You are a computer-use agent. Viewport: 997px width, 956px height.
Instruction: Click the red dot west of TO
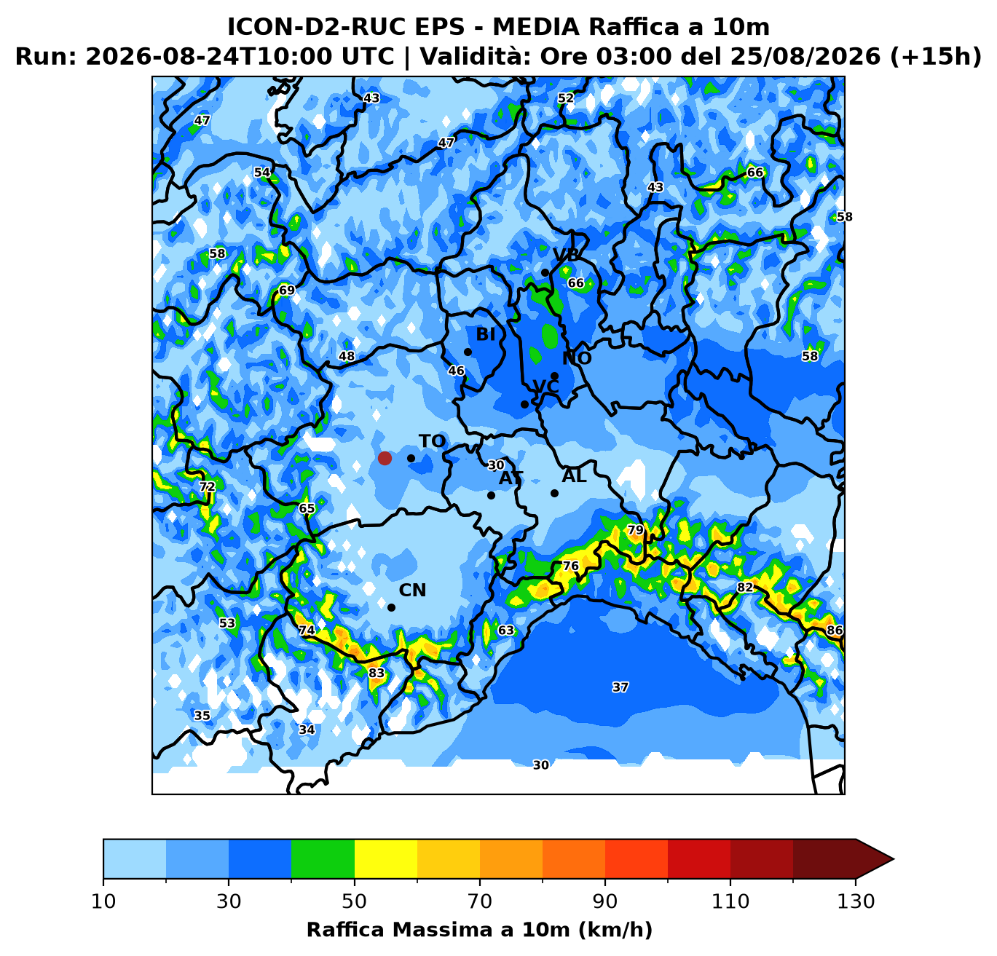385,458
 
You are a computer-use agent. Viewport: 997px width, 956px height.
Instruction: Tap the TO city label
432,441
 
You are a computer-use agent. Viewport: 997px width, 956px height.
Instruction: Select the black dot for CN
391,607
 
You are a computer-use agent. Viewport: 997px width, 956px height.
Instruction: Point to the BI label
485,334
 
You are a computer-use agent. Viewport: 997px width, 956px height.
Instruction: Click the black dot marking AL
554,493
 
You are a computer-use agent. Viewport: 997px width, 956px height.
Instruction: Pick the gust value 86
834,630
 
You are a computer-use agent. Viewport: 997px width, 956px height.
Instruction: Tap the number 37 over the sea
620,687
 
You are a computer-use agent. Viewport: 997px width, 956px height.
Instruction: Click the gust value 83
376,673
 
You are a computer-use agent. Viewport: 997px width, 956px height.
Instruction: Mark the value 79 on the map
635,530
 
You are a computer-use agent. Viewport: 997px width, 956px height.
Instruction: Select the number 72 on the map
207,486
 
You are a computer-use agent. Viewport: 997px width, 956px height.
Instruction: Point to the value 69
287,291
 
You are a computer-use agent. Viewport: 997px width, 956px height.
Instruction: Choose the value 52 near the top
566,98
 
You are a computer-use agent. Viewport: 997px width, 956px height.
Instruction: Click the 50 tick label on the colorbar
354,901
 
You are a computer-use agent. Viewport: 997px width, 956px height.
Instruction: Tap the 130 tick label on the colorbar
856,901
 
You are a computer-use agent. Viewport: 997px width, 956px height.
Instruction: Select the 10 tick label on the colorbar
103,901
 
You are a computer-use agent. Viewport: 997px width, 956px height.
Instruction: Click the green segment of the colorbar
323,858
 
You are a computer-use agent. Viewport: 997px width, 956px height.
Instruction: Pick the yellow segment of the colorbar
386,858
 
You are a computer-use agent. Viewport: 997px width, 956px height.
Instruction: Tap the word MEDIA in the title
536,27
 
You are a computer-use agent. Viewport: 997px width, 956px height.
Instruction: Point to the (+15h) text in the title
936,56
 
